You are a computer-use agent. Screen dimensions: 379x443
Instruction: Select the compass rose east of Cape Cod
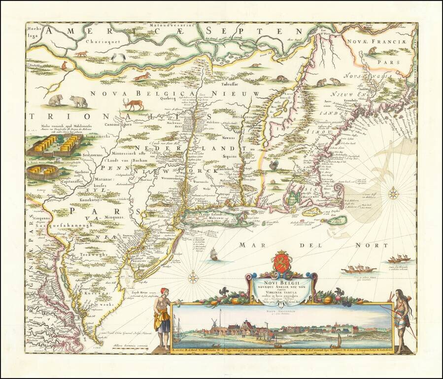[393, 193]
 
